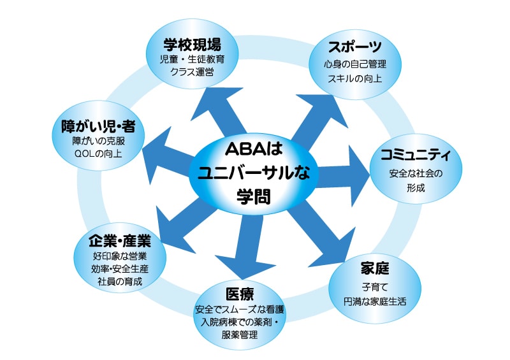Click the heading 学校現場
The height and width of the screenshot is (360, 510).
[193, 44]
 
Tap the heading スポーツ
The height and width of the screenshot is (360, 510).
[355, 47]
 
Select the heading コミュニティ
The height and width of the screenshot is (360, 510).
[416, 154]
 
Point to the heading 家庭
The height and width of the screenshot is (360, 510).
[375, 268]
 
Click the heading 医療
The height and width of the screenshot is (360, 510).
[240, 294]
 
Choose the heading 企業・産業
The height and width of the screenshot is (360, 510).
[120, 241]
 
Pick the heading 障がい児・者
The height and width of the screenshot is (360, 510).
[98, 126]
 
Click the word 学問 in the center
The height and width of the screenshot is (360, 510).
[254, 196]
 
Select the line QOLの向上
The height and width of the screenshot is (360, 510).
[98, 154]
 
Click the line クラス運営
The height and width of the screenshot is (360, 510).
[193, 72]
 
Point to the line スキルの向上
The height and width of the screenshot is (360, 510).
[355, 78]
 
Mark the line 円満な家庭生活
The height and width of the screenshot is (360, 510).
[375, 301]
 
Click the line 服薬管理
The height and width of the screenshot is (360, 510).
[240, 335]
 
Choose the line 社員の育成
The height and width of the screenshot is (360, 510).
[120, 281]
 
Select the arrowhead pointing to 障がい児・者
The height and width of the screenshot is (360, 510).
[157, 151]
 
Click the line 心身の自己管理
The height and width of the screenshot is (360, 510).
[355, 64]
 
